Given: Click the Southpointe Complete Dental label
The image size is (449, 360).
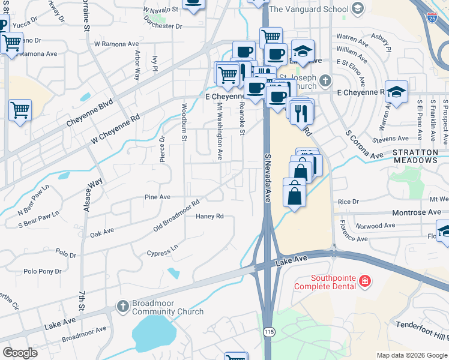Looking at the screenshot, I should (325, 282).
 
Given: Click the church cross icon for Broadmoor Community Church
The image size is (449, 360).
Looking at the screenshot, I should (122, 307).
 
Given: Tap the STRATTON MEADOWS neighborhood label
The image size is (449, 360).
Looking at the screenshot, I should (423, 157).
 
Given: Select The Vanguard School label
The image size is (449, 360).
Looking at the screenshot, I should (309, 9).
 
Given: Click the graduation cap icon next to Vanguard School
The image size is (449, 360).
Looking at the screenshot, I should (358, 8).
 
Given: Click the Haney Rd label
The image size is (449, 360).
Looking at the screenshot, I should (209, 216).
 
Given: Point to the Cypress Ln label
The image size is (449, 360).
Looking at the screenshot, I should (162, 250).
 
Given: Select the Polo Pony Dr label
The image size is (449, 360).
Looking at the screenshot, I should (43, 271).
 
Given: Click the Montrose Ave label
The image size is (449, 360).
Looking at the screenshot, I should (417, 212).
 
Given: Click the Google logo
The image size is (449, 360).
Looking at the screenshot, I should (20, 353).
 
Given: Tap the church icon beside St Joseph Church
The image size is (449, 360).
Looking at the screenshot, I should (325, 79).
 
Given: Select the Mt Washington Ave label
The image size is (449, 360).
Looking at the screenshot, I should (220, 130).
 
